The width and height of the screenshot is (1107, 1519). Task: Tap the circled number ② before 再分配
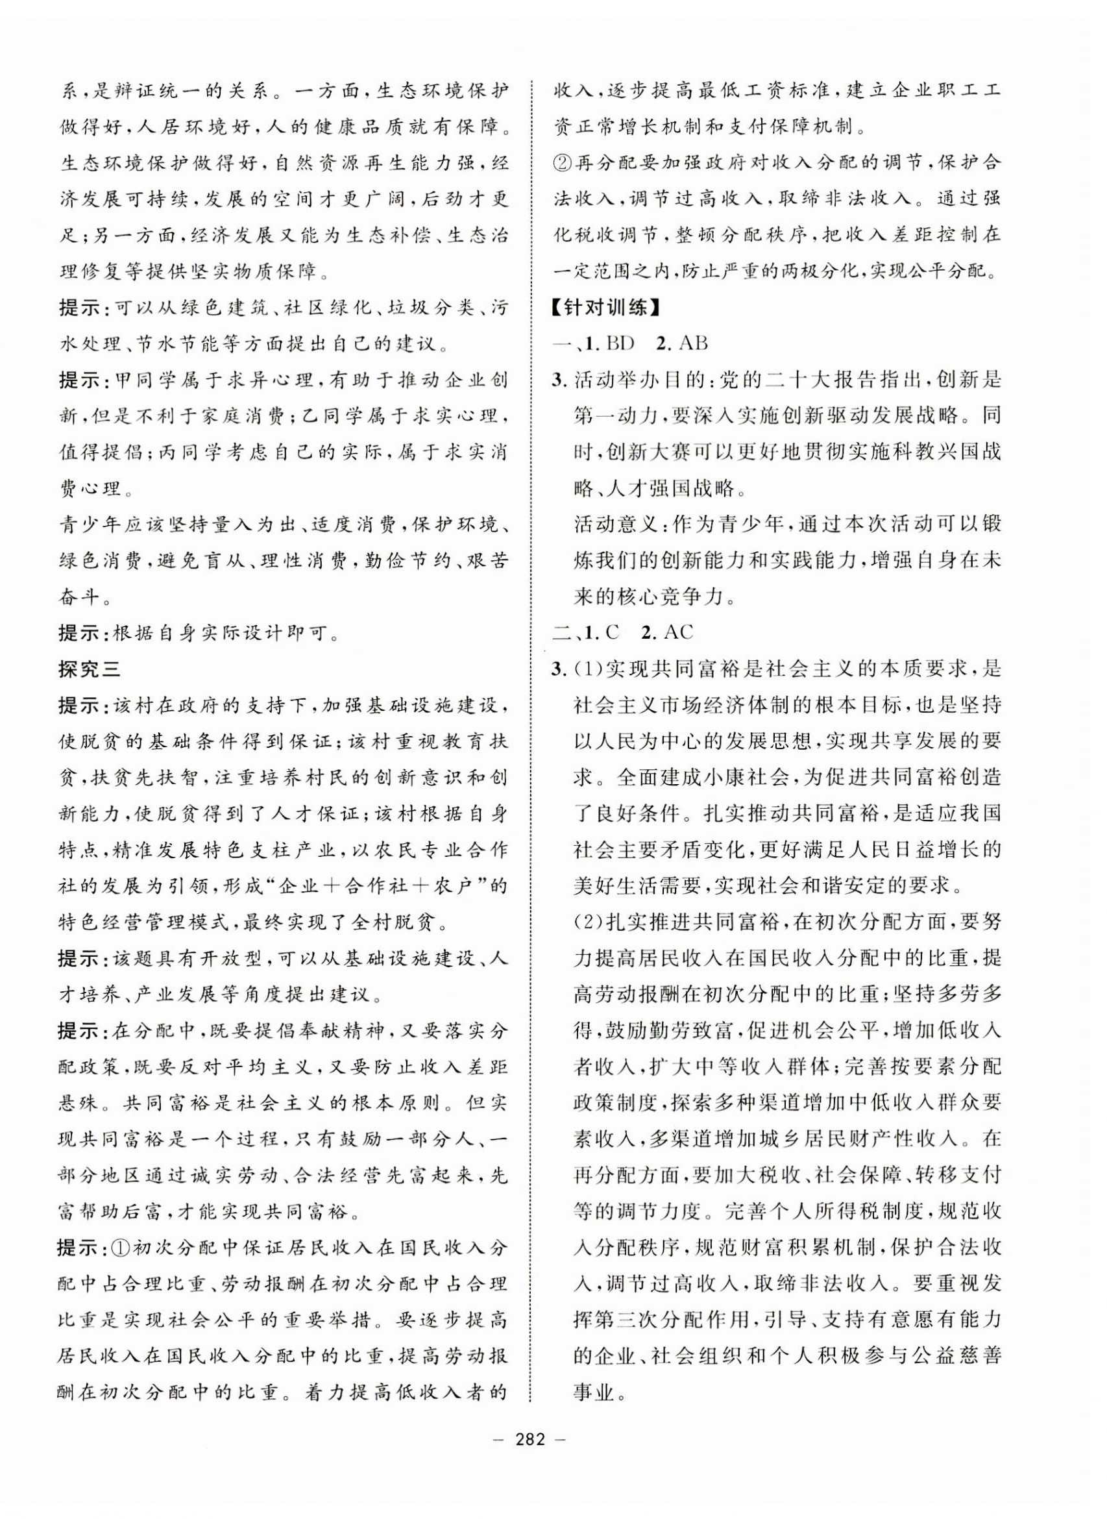[563, 163]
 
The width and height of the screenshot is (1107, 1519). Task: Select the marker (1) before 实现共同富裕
[590, 669]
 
